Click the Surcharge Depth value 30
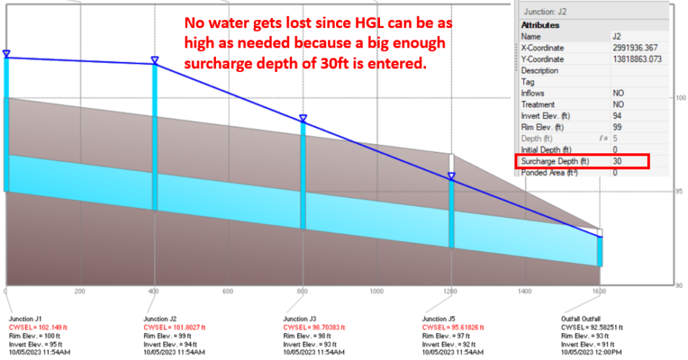[618, 161]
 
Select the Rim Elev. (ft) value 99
[618, 127]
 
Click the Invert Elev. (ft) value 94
[618, 116]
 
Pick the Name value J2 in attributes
[618, 37]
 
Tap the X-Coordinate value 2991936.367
[636, 48]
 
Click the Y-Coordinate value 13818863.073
[638, 59]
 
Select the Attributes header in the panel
[540, 25]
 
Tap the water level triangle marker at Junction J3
[303, 118]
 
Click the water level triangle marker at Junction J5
[451, 176]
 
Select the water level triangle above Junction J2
[154, 60]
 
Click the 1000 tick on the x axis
[376, 292]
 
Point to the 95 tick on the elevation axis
[679, 192]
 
